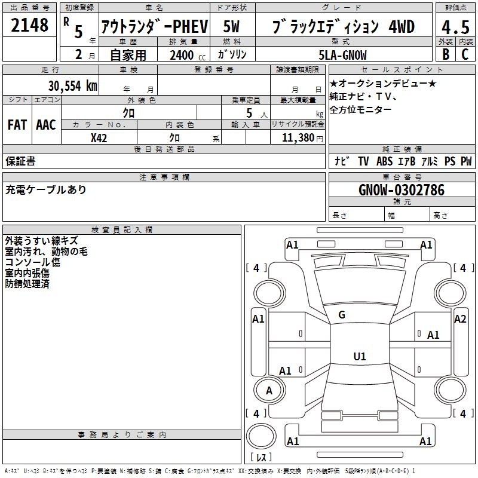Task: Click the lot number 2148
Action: point(29,25)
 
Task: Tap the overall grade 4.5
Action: point(455,27)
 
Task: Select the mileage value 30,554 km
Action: point(72,85)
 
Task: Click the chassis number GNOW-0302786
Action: point(402,190)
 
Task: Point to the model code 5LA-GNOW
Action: point(342,55)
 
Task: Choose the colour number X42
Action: point(99,138)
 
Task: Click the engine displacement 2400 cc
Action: point(188,55)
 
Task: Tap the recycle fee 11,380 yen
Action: point(302,138)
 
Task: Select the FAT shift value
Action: point(17,125)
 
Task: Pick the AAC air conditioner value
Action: point(46,125)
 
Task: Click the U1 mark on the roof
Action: point(360,356)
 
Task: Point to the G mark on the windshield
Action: point(342,315)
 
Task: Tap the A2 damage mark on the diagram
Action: point(460,319)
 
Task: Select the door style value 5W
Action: point(231,26)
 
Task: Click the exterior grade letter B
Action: point(446,54)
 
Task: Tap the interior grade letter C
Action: point(465,54)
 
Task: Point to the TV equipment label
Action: point(363,161)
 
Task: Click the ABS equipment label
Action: point(384,161)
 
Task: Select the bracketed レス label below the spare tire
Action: point(261,457)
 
